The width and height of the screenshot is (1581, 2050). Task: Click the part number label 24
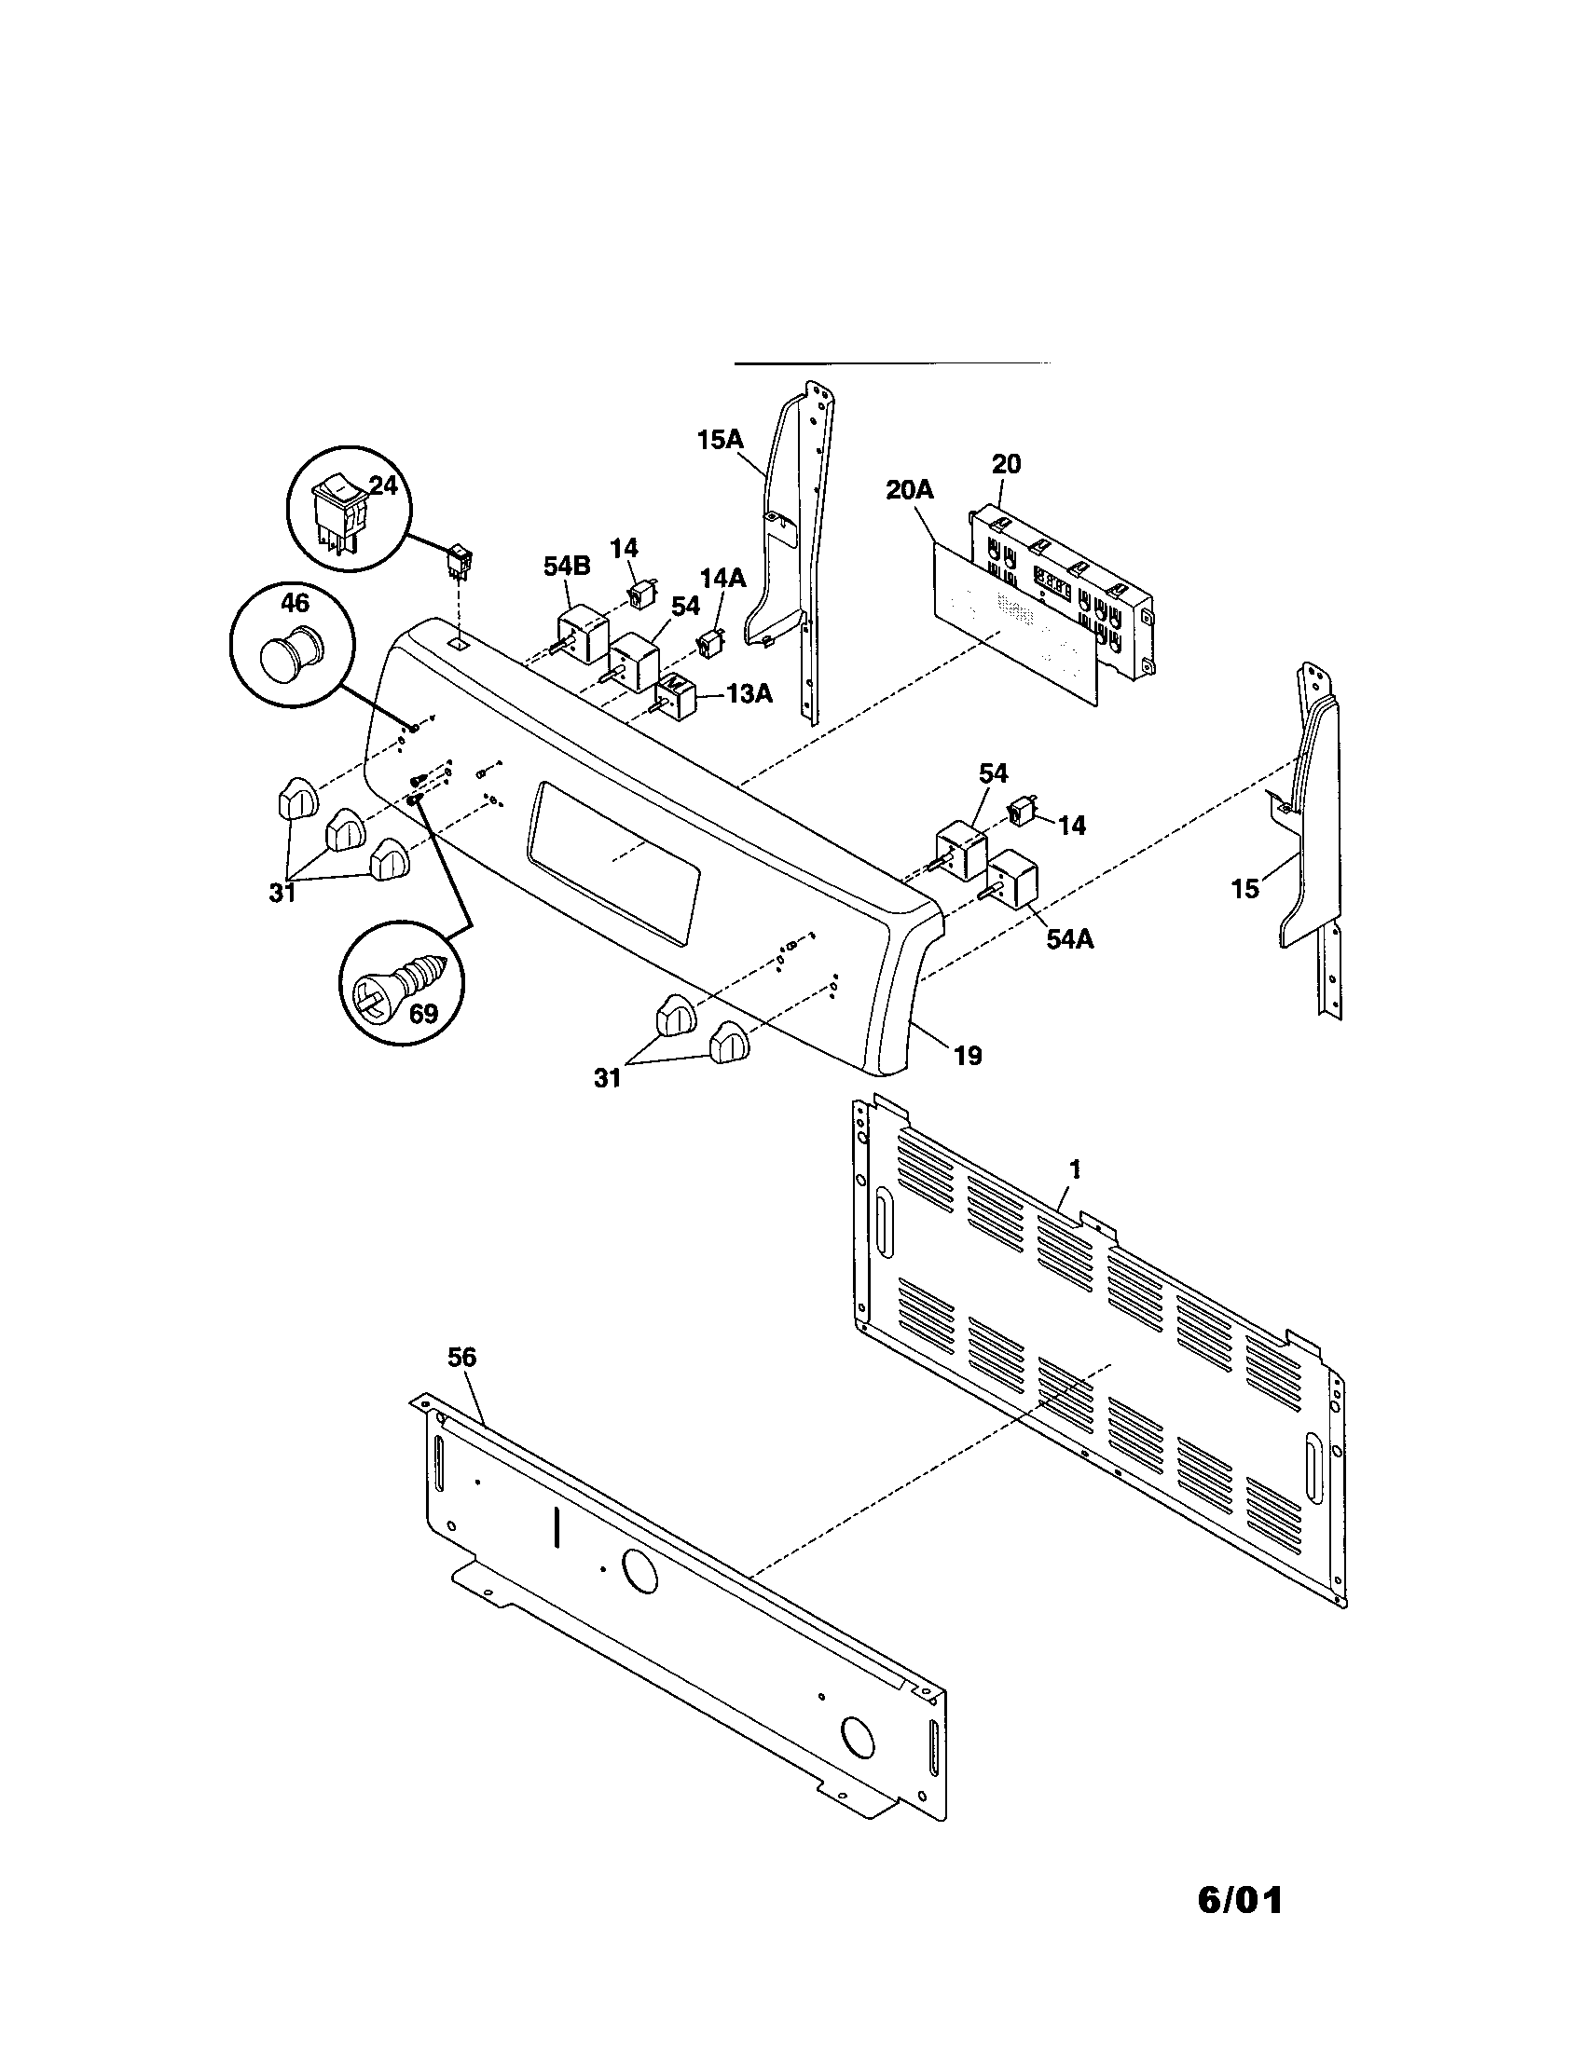pyautogui.click(x=382, y=485)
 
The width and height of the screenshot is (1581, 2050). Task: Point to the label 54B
pyautogui.click(x=567, y=566)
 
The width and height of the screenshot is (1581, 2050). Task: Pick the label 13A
pyautogui.click(x=749, y=693)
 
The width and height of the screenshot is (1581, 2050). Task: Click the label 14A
pyautogui.click(x=722, y=579)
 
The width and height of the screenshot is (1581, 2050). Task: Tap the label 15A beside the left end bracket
pyautogui.click(x=720, y=439)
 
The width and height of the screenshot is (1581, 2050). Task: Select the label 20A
pyautogui.click(x=909, y=490)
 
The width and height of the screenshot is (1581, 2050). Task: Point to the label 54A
pyautogui.click(x=1069, y=937)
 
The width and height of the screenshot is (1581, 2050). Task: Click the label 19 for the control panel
pyautogui.click(x=967, y=1056)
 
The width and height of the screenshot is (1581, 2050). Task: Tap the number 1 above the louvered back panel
pyautogui.click(x=1076, y=1169)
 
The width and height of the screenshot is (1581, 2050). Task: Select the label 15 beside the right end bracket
pyautogui.click(x=1244, y=888)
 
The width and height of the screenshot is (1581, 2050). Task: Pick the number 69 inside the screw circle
pyautogui.click(x=423, y=1014)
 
